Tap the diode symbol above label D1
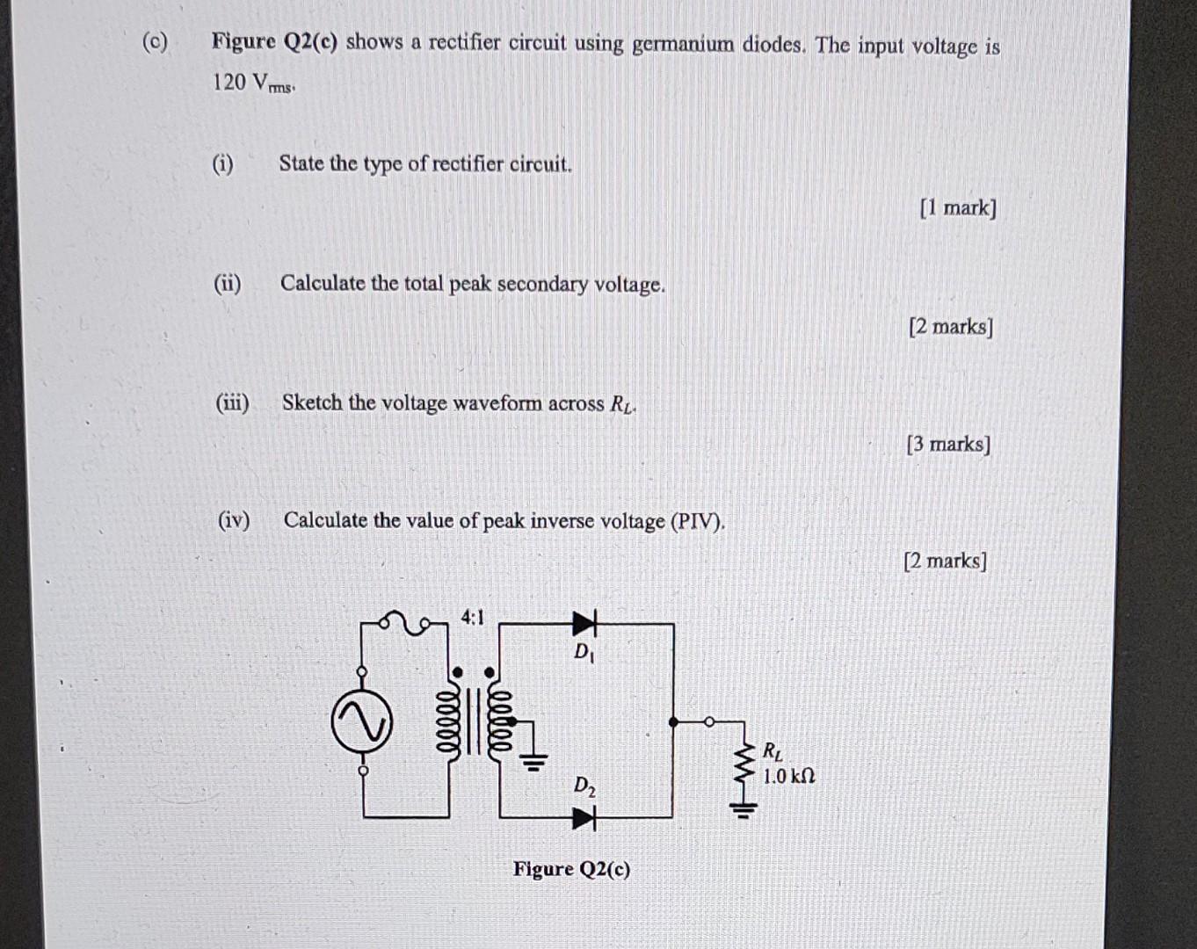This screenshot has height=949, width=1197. pyautogui.click(x=584, y=624)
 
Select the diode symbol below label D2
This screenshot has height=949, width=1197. pyautogui.click(x=584, y=819)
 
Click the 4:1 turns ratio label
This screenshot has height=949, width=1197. pyautogui.click(x=472, y=618)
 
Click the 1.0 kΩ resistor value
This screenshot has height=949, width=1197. pyautogui.click(x=788, y=777)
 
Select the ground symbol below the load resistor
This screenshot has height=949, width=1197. pyautogui.click(x=744, y=809)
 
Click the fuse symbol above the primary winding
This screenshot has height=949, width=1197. pyautogui.click(x=406, y=623)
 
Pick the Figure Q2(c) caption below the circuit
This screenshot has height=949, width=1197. pyautogui.click(x=571, y=869)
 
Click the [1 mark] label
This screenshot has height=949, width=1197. pyautogui.click(x=958, y=208)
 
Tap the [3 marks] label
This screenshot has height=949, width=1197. pyautogui.click(x=948, y=445)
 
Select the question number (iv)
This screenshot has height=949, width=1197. pyautogui.click(x=234, y=520)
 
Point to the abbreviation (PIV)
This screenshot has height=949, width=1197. pyautogui.click(x=698, y=522)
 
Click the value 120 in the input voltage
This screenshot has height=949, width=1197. pyautogui.click(x=229, y=83)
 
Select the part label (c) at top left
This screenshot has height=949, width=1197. pyautogui.click(x=156, y=42)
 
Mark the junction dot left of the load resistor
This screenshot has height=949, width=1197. pyautogui.click(x=674, y=721)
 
